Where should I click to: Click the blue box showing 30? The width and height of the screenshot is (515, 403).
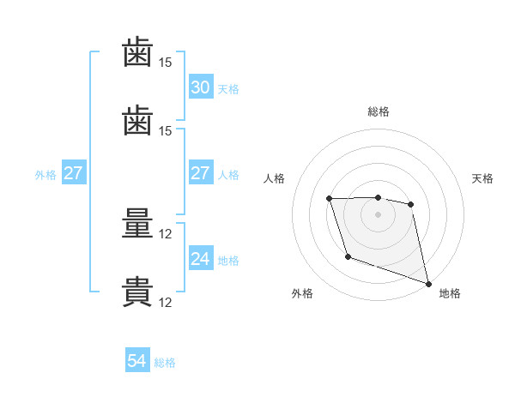tap(201, 87)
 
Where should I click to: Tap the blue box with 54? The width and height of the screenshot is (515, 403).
tap(137, 359)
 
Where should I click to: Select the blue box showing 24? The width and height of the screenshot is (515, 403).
tap(201, 257)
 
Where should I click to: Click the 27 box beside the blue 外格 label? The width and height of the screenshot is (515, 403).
tap(74, 172)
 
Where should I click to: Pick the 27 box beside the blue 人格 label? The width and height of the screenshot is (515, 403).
tap(201, 172)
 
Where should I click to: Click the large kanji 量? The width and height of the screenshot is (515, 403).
tap(137, 223)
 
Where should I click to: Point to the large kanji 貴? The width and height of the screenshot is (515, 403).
tap(137, 292)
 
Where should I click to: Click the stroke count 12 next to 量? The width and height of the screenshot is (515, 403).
tap(165, 234)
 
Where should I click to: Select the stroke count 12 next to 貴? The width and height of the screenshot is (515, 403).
tap(165, 303)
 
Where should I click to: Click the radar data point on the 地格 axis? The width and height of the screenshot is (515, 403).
tap(428, 284)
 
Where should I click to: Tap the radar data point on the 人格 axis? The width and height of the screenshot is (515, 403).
tap(329, 199)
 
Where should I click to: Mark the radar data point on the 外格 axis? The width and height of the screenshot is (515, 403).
tap(348, 256)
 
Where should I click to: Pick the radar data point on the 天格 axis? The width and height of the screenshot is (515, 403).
tap(410, 204)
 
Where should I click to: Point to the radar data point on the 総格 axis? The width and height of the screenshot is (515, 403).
tap(378, 197)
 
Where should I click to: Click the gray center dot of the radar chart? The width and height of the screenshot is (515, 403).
tap(378, 214)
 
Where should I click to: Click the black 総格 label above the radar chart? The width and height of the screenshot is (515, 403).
tap(379, 111)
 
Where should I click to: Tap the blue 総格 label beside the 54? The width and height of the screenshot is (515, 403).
tap(165, 363)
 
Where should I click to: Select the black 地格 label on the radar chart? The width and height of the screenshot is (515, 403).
tap(450, 293)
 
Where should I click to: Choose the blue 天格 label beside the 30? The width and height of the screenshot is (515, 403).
tap(228, 89)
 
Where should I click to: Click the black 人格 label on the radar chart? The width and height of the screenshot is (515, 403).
tap(274, 178)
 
